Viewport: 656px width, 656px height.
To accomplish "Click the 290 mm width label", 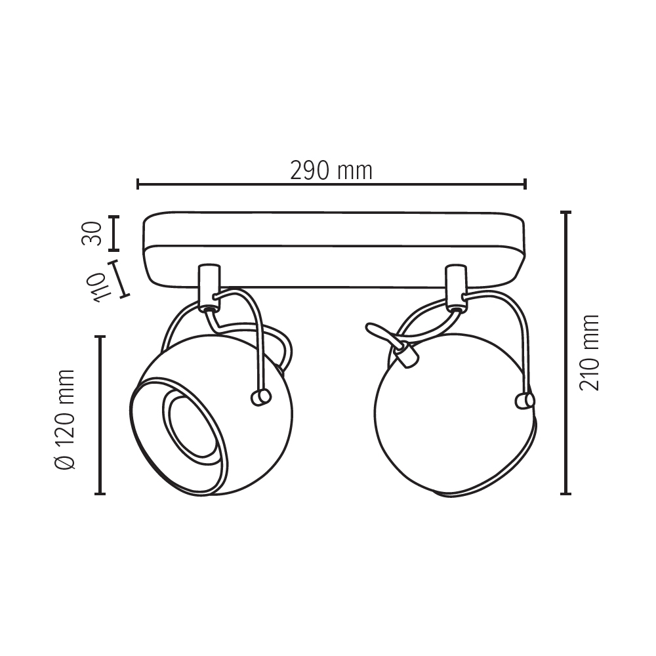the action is (331, 171).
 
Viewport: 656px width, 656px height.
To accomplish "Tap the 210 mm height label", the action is (589, 353).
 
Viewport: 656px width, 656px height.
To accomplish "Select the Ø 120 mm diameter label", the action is (65, 419).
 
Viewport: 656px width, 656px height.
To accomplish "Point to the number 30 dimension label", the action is (92, 234).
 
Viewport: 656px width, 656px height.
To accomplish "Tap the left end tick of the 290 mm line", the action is (138, 184).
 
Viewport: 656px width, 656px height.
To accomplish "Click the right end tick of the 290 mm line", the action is (525, 184).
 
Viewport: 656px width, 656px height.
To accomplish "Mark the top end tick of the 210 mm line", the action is (565, 213).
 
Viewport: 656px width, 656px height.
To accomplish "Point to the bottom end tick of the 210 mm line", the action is (565, 494).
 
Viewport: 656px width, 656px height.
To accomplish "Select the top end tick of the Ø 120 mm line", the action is (100, 336).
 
